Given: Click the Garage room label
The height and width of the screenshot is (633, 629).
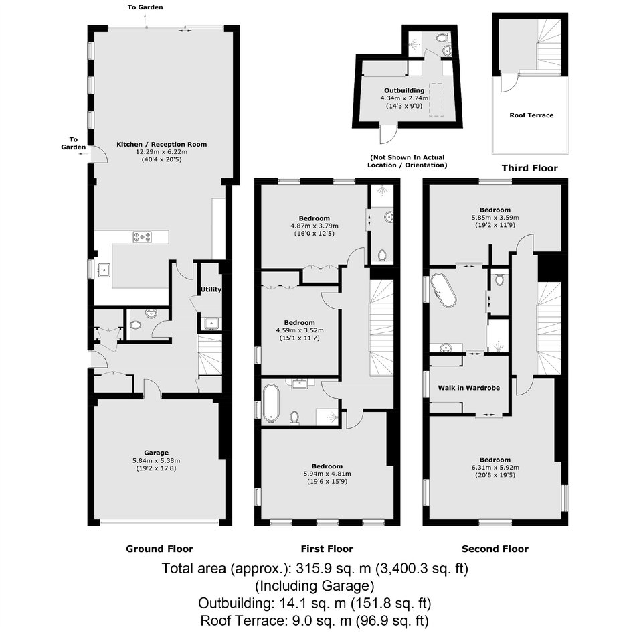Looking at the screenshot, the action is (157, 453).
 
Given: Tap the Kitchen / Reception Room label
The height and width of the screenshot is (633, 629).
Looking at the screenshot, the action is (162, 144).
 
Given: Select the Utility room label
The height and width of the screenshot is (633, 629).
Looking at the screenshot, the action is (211, 289).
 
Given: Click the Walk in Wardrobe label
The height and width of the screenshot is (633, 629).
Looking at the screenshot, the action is (469, 388).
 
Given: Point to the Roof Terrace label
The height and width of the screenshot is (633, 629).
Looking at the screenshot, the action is (531, 115).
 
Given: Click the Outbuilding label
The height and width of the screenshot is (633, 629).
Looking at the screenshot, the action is (404, 90).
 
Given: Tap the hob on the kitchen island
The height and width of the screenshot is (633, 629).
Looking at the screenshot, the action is (143, 237).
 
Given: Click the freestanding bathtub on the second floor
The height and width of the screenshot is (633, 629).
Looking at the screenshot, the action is (444, 291).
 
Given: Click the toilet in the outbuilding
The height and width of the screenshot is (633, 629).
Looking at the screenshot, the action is (443, 38).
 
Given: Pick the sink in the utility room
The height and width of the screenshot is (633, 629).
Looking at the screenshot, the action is (211, 323).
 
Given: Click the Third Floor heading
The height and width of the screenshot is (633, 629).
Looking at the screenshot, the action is (530, 168).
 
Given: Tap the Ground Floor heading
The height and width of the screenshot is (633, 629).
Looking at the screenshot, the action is (160, 549).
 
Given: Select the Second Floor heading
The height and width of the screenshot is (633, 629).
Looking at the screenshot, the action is (495, 549).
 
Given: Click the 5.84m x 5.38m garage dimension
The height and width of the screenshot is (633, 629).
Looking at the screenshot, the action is (157, 461).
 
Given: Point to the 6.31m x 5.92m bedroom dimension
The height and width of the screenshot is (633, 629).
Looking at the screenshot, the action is (495, 468).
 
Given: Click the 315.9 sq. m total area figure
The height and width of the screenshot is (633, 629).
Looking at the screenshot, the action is (333, 569).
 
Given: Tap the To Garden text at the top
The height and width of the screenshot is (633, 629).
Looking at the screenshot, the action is (145, 7).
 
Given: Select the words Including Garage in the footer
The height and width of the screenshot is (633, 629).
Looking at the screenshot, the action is (314, 585).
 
